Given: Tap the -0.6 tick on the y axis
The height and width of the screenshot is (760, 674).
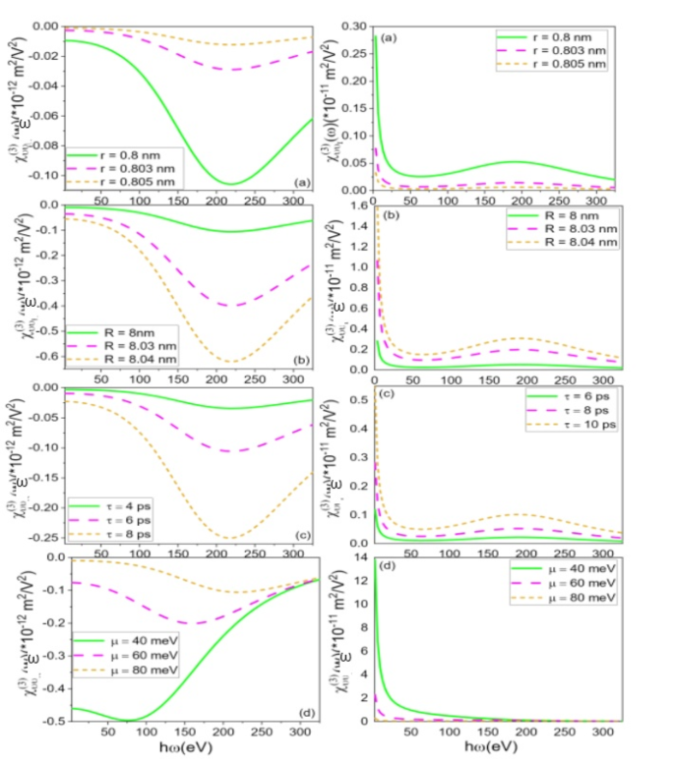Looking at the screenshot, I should click(x=45, y=360).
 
